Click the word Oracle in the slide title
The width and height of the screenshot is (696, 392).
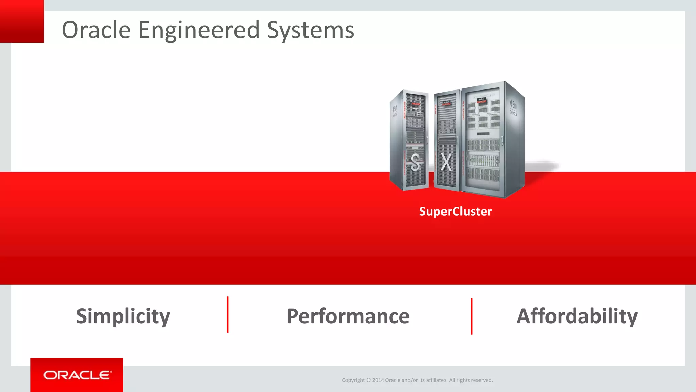(96, 30)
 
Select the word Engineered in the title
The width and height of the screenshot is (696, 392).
(199, 31)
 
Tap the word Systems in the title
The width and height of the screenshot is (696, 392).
(310, 31)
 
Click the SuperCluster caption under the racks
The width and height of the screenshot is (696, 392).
(455, 211)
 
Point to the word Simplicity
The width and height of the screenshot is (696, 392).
(123, 316)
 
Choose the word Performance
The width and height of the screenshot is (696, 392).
(348, 316)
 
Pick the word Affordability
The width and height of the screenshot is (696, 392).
(577, 316)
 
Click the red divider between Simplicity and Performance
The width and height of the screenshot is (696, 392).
(228, 315)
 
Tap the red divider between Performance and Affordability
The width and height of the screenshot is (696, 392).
(472, 316)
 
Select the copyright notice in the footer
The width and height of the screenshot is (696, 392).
(417, 380)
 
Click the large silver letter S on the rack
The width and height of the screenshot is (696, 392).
(415, 162)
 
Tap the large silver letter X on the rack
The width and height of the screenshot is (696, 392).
(446, 163)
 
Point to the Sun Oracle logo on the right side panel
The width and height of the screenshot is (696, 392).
(514, 107)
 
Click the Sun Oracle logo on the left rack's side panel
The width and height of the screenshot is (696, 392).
(395, 111)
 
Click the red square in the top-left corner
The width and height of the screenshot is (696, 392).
(22, 21)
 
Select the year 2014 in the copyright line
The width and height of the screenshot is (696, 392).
(378, 380)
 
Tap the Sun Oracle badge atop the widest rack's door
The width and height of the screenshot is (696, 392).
(482, 100)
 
